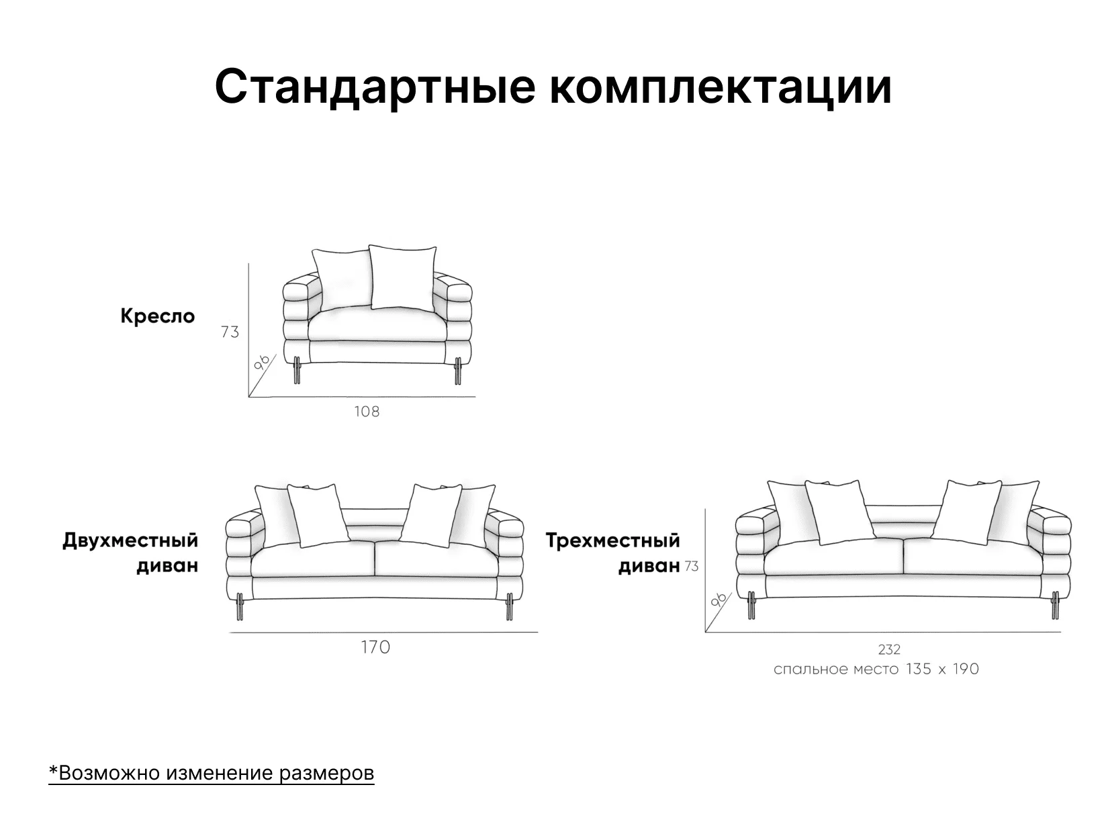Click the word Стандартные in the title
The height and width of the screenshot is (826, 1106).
375,87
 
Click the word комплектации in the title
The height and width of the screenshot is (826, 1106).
721,87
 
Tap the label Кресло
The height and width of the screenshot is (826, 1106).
158,316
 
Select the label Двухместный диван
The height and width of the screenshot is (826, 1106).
130,553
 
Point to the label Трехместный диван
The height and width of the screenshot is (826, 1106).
613,553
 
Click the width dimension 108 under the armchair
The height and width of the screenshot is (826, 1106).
367,412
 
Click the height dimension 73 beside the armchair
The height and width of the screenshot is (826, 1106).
230,332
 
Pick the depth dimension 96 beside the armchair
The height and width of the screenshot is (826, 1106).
262,363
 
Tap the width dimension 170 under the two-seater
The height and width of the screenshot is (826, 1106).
375,647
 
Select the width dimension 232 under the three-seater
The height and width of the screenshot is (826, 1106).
889,650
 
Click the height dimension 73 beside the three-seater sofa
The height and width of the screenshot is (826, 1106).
691,566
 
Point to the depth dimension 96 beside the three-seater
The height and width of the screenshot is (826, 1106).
719,599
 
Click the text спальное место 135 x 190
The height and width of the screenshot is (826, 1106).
876,669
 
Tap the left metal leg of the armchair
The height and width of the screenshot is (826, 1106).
297,371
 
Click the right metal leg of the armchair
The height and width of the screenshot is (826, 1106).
458,371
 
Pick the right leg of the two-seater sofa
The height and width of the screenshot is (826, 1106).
510,606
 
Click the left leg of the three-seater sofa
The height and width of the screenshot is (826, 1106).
751,605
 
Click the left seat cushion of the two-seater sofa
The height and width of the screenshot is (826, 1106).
313,559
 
